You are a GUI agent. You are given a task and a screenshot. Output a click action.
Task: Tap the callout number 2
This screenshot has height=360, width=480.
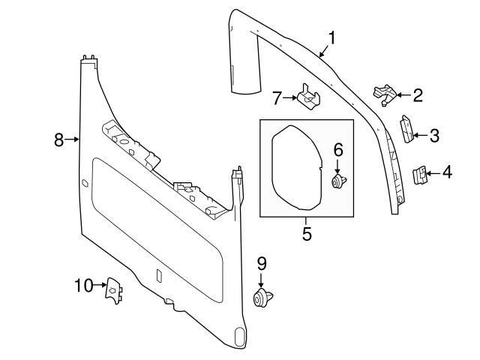pos(418,95)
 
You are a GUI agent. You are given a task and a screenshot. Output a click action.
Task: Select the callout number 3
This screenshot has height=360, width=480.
pos(434,135)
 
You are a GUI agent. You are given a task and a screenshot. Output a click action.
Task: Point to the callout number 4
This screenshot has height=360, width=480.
pos(447,173)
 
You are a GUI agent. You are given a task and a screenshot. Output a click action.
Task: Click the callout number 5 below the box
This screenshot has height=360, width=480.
pos(307,233)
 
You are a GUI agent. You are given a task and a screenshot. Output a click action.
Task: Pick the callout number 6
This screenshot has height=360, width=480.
pos(337,148)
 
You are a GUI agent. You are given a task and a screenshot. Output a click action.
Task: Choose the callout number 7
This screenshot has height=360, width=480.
pos(277,97)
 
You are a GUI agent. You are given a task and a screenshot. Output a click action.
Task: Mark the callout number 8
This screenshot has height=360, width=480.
pos(58,139)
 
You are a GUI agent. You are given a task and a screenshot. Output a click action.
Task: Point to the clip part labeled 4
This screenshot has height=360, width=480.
pos(420,175)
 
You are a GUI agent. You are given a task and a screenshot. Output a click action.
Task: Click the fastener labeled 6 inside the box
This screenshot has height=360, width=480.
pos(337,181)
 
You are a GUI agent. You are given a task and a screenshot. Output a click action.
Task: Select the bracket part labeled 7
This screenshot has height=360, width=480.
pos(307,97)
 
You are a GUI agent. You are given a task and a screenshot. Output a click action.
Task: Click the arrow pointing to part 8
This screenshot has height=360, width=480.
pos(73,139)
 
